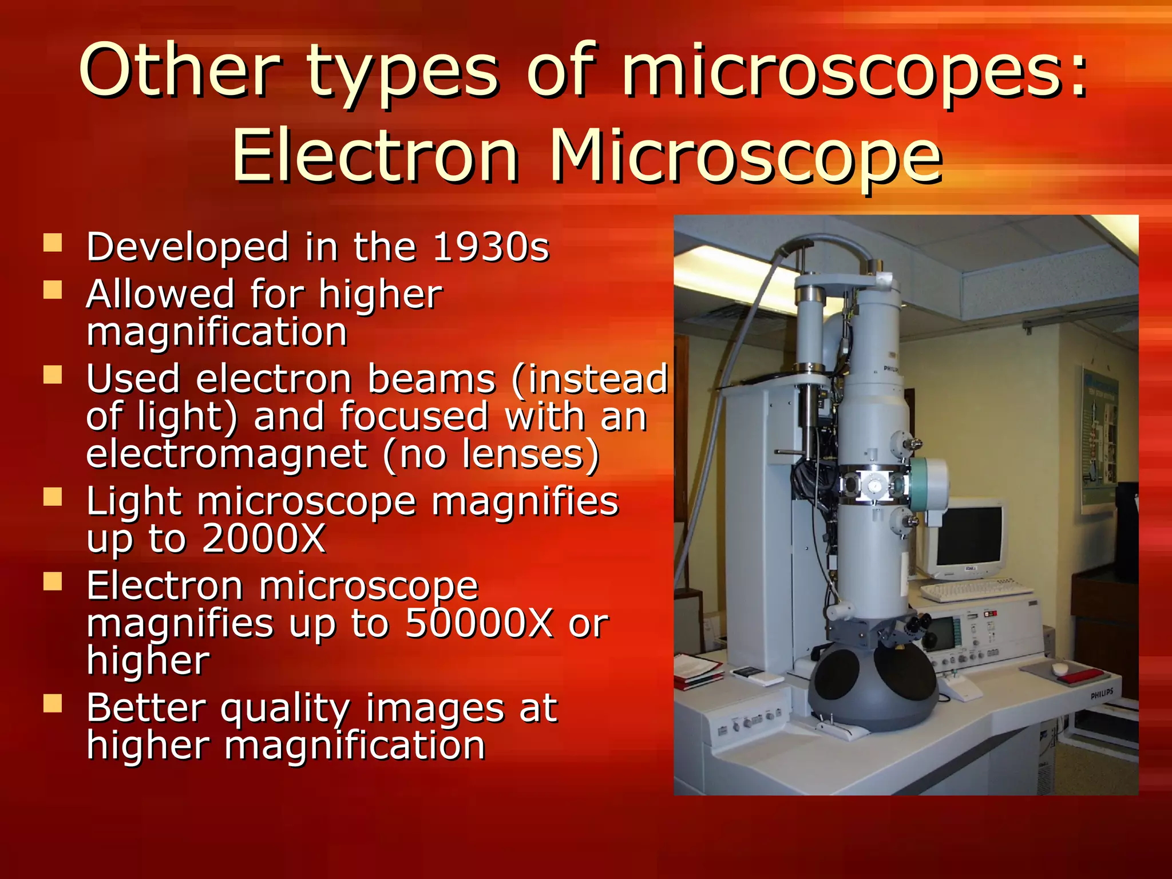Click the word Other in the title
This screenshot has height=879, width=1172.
coord(179,72)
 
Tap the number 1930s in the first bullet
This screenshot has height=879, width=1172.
coord(490,247)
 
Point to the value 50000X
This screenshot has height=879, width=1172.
coord(479,623)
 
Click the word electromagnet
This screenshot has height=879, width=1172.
coord(226,454)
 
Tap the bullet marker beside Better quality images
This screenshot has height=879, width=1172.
coord(53,703)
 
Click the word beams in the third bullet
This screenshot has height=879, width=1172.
coord(431,379)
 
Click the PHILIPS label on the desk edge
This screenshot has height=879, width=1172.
coord(1102,694)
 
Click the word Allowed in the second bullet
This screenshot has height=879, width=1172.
coord(160,294)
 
